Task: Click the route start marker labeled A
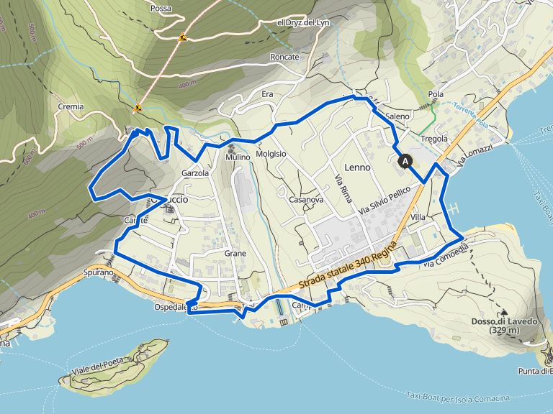coord(405,162)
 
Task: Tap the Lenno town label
coord(357,167)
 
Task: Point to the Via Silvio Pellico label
coord(385,201)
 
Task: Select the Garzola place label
coord(195,173)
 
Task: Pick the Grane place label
coord(235,253)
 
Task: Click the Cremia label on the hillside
coord(71,106)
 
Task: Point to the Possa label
coord(161,9)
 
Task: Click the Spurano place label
coord(98,273)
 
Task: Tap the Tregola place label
coord(433,139)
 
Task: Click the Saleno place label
coord(397,116)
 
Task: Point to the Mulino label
coord(238,157)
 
